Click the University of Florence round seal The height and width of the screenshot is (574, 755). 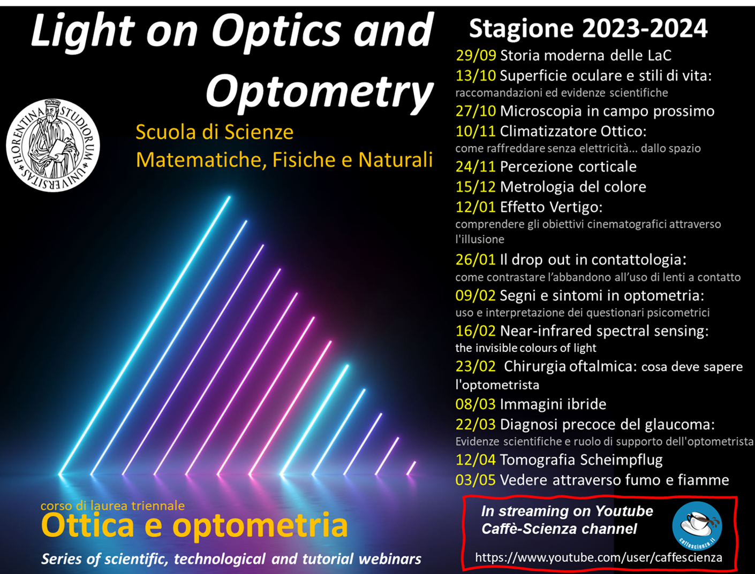[53, 145]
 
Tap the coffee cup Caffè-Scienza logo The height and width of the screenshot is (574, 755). [697, 526]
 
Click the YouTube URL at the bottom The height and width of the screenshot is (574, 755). [599, 557]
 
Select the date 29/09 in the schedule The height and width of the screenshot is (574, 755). [476, 55]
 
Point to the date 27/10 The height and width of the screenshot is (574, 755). [475, 111]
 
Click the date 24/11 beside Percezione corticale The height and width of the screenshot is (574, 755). [475, 166]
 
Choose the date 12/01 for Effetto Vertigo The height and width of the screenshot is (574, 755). [475, 207]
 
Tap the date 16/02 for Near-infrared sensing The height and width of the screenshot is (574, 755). [475, 331]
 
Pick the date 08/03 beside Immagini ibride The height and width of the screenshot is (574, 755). [475, 404]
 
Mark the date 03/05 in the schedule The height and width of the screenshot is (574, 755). [475, 480]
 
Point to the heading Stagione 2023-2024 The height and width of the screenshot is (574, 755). [588, 28]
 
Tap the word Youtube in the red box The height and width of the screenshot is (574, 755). [624, 511]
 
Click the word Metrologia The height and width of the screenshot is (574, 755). [538, 187]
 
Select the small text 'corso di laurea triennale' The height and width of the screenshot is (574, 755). [112, 506]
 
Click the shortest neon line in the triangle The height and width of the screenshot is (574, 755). [411, 468]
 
